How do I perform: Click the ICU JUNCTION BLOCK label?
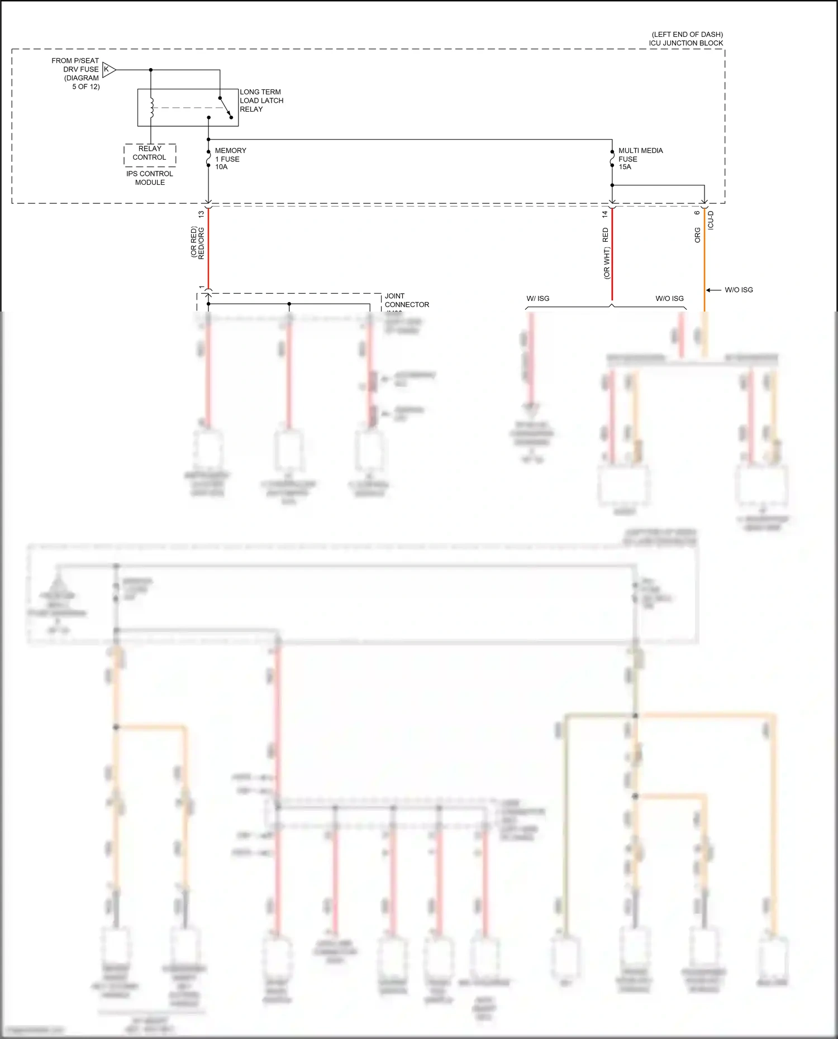tap(685, 43)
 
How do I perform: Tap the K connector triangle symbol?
tap(109, 70)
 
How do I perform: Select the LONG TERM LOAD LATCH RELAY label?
tap(261, 100)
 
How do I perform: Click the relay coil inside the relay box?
tap(151, 108)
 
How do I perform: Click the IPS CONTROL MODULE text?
tap(150, 178)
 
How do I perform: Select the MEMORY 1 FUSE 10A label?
tap(230, 159)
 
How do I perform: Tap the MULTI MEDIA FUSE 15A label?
tap(640, 159)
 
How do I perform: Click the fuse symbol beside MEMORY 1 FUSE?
tap(208, 159)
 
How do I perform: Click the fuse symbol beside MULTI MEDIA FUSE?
tap(612, 159)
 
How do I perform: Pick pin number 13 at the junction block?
tap(201, 214)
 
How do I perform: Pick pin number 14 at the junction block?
tap(604, 214)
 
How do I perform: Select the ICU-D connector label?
tap(711, 220)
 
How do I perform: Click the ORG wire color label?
tap(697, 234)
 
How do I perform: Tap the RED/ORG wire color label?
tap(201, 243)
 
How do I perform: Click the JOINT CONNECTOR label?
tap(406, 300)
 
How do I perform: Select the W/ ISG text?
tap(537, 299)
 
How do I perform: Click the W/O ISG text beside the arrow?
tap(739, 290)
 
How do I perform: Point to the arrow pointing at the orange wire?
tap(713, 290)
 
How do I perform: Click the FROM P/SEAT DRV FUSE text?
tap(75, 65)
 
